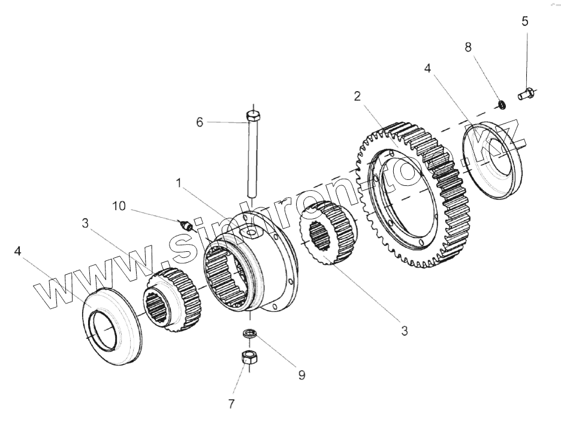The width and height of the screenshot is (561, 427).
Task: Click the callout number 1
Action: (177, 182)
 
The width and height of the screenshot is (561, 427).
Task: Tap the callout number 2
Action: (357, 96)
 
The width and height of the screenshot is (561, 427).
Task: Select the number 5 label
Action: (525, 22)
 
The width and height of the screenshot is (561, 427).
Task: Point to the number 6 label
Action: (200, 122)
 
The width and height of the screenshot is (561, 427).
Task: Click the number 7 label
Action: (231, 404)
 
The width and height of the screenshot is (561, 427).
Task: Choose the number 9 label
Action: (301, 375)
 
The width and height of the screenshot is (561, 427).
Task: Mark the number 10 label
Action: (119, 207)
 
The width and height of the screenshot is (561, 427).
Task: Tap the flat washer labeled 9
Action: (248, 334)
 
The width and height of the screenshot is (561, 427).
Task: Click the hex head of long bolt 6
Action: (254, 115)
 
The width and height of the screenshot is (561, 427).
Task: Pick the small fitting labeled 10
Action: (187, 225)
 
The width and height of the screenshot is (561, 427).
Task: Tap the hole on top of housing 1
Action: (250, 230)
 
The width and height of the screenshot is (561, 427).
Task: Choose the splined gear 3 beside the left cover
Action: (172, 299)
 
